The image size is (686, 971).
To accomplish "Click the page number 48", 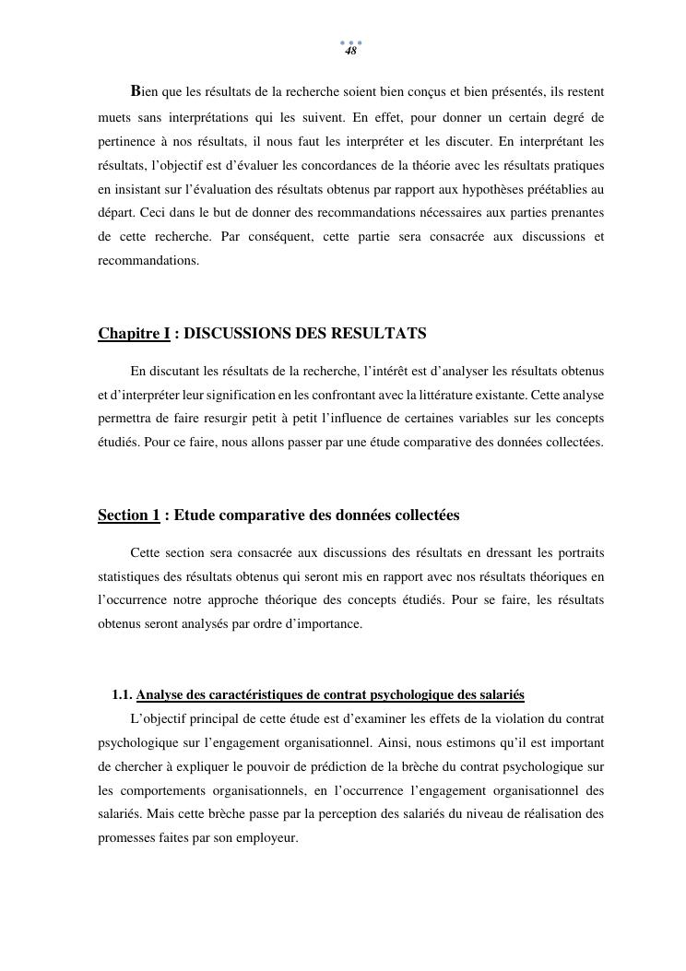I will (x=350, y=52).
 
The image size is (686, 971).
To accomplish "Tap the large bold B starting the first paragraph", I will (x=136, y=90).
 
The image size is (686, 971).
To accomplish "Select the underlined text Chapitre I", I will (x=134, y=333).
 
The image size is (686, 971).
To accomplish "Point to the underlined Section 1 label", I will (x=129, y=515).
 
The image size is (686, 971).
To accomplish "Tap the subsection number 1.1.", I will (x=123, y=695).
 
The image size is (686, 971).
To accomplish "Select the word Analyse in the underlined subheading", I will (x=161, y=695).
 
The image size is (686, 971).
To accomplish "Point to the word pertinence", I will (x=127, y=142).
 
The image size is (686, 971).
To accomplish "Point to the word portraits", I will (x=578, y=552).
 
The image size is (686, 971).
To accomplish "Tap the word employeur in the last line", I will (x=267, y=838).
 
